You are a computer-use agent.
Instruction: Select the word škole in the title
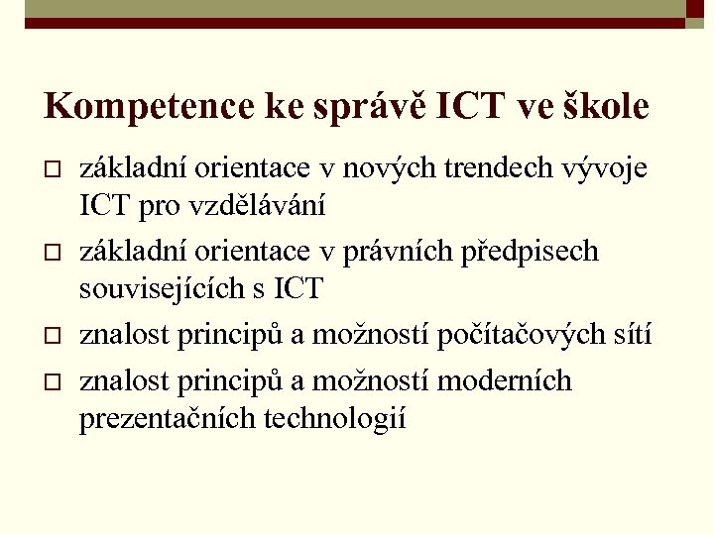point(606,106)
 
